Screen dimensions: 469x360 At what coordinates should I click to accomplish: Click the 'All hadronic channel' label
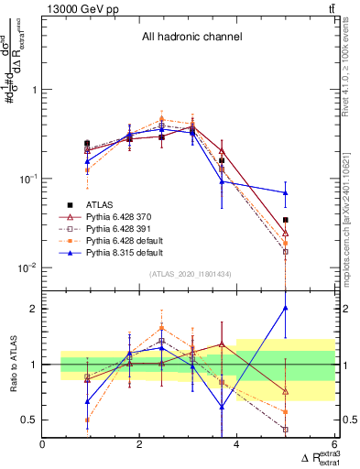(x=191, y=38)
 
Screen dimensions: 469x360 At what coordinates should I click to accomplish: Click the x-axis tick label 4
(x=237, y=445)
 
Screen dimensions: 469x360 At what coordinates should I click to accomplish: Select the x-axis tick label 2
(x=140, y=445)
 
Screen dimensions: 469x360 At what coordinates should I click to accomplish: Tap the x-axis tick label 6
(x=333, y=445)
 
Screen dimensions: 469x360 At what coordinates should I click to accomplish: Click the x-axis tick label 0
(x=43, y=445)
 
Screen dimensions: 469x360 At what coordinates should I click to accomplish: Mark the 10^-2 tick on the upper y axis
(x=27, y=267)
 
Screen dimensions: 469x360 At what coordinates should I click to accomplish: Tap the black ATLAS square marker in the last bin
(x=286, y=220)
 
